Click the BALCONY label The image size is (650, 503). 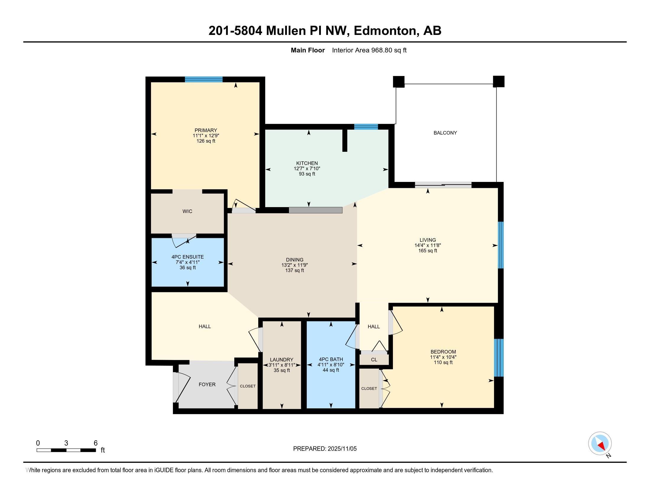click(445, 133)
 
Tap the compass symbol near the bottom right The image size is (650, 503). click(600, 443)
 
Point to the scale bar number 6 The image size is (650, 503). click(95, 443)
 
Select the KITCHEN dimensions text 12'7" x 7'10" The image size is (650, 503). click(307, 169)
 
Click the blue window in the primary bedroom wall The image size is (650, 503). click(204, 79)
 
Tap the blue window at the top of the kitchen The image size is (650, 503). click(366, 127)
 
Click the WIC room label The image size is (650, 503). click(187, 211)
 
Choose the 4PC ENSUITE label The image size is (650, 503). click(188, 257)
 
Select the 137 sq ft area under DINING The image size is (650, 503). click(295, 270)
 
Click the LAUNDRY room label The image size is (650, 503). click(282, 360)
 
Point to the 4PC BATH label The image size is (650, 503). click(331, 359)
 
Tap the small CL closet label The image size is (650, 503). click(374, 360)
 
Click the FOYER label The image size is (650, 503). click(207, 384)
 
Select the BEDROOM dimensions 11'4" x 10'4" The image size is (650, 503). click(443, 357)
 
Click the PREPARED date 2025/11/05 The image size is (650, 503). click(342, 449)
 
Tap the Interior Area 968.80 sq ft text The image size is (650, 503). click(369, 50)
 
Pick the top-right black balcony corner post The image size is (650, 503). click(498, 82)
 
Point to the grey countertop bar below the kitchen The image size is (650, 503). click(316, 210)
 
